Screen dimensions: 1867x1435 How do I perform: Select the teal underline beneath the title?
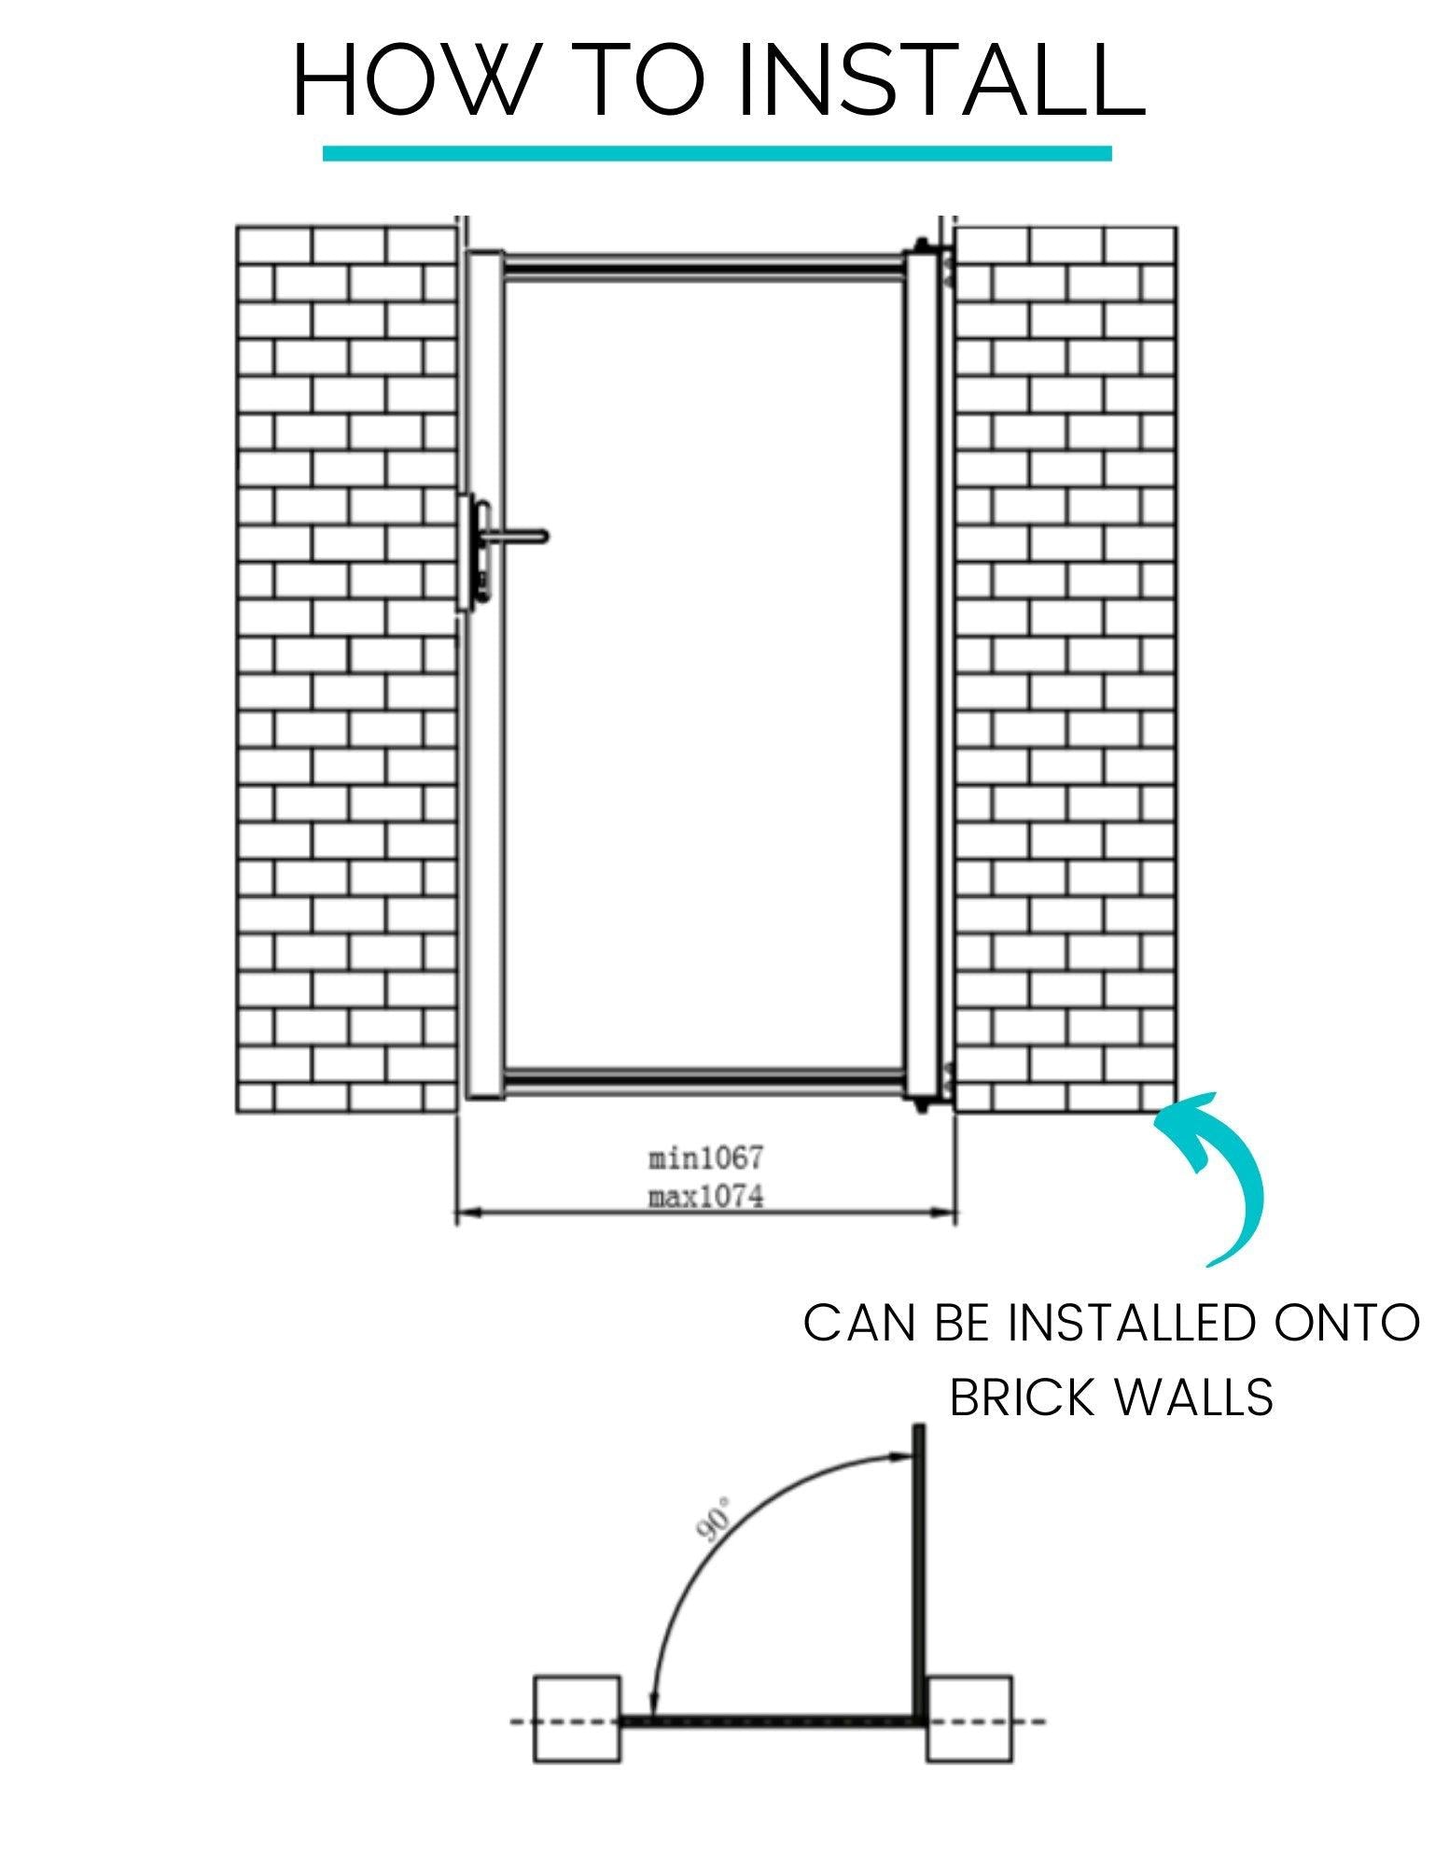[717, 153]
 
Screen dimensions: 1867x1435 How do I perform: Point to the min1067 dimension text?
[705, 1158]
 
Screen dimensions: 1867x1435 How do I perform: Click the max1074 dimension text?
[705, 1196]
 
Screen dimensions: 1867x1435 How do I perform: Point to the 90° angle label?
[714, 1520]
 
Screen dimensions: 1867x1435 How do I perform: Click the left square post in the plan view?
[577, 1719]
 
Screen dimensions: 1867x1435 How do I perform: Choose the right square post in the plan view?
[970, 1719]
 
